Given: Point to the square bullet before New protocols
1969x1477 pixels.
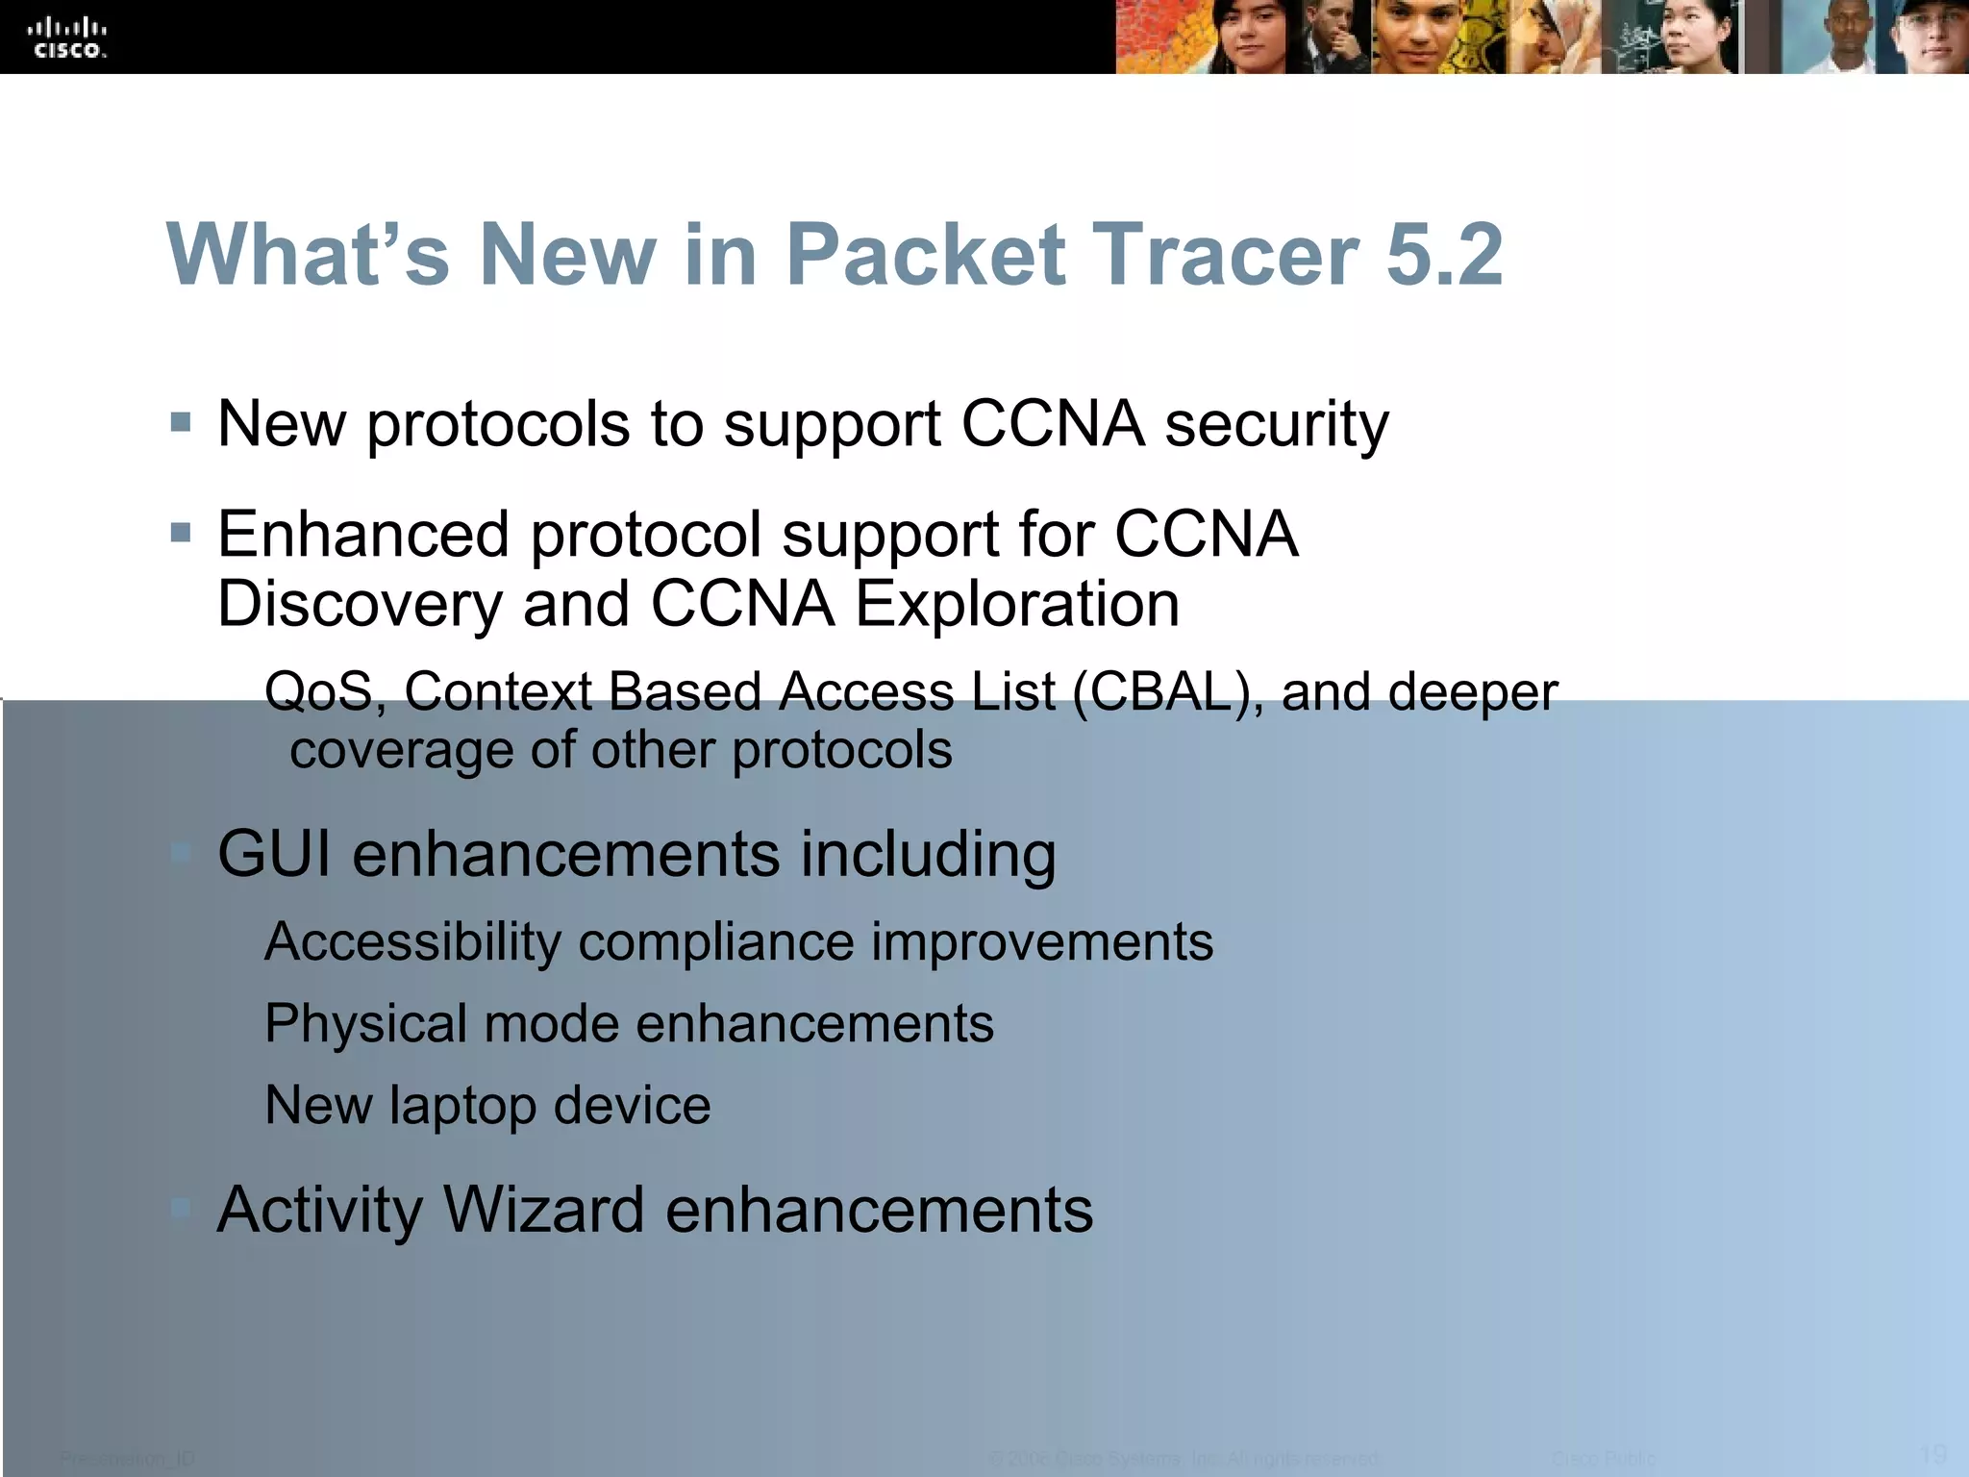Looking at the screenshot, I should click(x=181, y=422).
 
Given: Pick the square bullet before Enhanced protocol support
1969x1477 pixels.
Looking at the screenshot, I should click(x=181, y=533).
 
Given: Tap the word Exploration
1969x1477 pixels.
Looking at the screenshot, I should click(x=1017, y=605).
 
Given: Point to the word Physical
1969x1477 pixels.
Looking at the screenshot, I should click(x=365, y=1024).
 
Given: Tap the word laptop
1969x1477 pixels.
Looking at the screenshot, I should click(x=462, y=1106).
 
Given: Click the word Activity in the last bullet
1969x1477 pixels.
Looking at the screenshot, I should click(x=319, y=1211).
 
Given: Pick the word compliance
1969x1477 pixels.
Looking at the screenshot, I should click(x=715, y=941).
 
